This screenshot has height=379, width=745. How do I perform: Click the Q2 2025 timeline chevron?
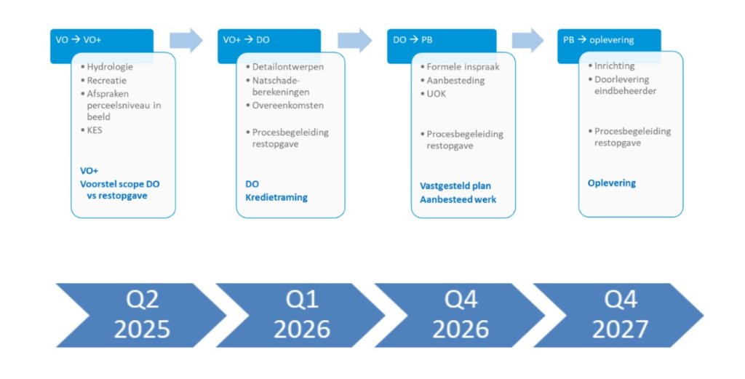(x=141, y=316)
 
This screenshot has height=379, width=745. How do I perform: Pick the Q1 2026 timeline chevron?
(x=300, y=316)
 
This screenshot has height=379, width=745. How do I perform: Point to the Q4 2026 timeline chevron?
(x=460, y=316)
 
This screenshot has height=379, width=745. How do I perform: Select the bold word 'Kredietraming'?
(x=276, y=198)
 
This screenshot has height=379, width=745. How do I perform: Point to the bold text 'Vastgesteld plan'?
(x=455, y=186)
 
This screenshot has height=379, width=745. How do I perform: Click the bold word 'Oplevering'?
(x=611, y=183)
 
